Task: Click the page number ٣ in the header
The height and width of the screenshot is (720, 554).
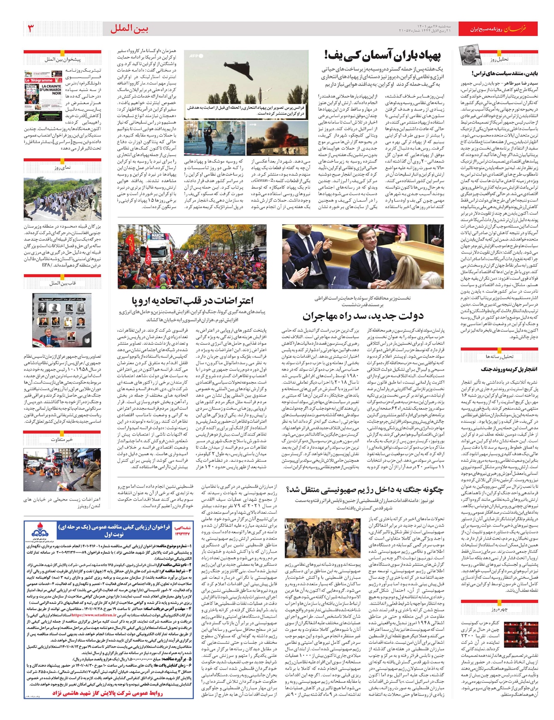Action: (31, 29)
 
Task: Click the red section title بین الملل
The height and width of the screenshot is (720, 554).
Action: (129, 29)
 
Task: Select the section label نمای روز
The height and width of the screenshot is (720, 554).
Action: (62, 168)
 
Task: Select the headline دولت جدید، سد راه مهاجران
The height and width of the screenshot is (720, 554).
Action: (363, 316)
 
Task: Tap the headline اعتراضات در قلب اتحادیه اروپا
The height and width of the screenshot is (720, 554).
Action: (192, 301)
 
